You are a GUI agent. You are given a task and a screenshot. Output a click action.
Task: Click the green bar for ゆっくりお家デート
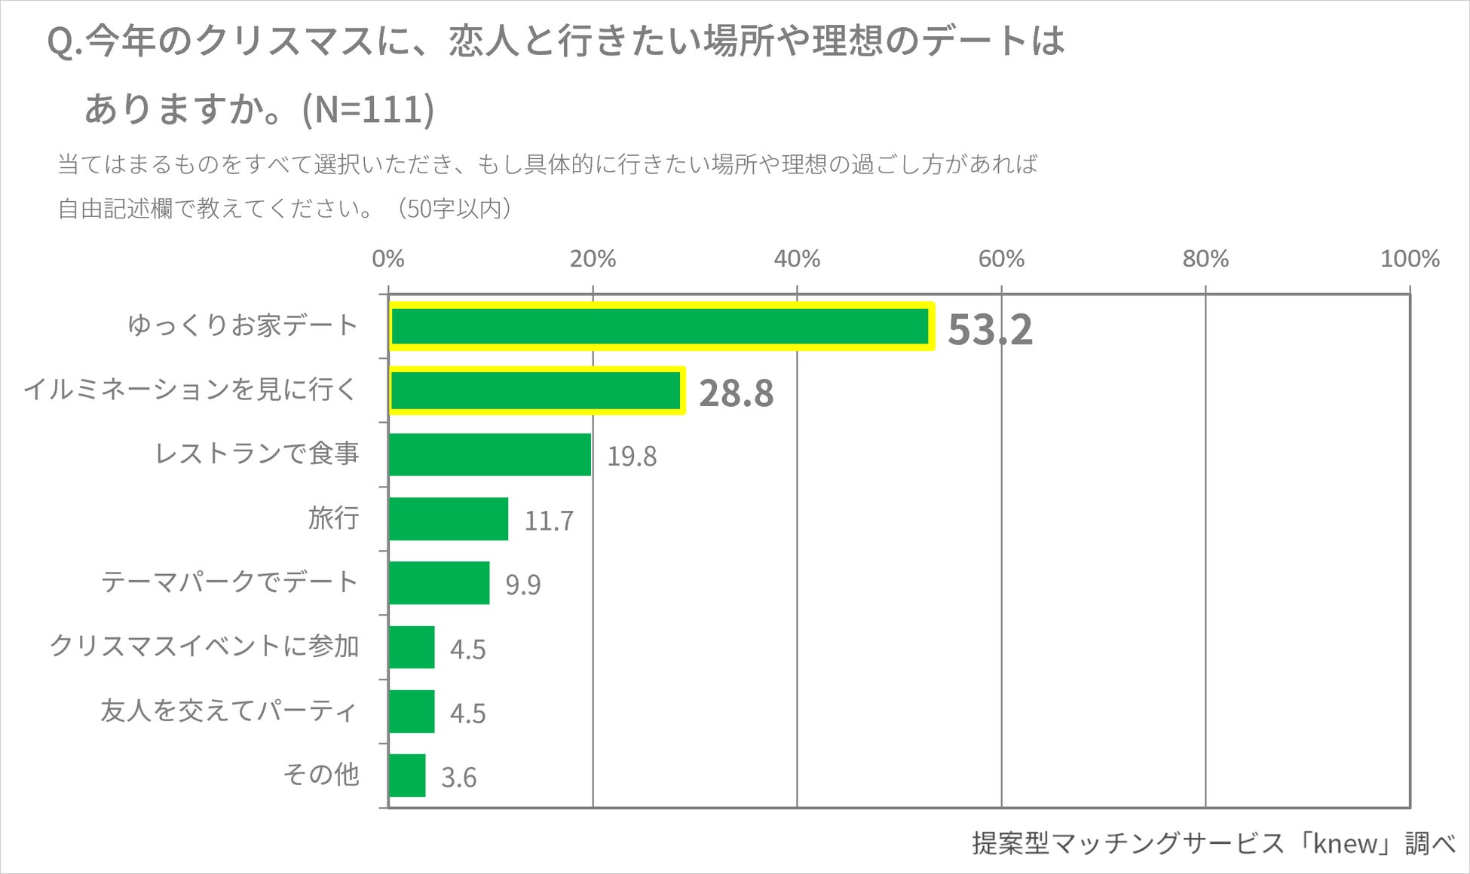pyautogui.click(x=660, y=326)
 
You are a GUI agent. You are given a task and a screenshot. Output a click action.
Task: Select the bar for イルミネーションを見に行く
pyautogui.click(x=536, y=390)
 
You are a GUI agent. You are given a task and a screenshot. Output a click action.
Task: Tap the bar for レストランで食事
pyautogui.click(x=490, y=454)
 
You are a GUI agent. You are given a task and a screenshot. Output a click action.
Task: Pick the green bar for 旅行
pyautogui.click(x=449, y=518)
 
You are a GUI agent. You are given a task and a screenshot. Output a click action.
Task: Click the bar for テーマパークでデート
pyautogui.click(x=439, y=582)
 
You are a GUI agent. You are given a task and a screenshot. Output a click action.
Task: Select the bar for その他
pyautogui.click(x=407, y=775)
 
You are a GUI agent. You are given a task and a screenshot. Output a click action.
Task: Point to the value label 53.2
pyautogui.click(x=989, y=329)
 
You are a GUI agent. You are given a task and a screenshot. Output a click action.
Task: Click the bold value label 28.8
pyautogui.click(x=736, y=393)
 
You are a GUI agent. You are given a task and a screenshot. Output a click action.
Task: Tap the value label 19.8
pyautogui.click(x=631, y=457)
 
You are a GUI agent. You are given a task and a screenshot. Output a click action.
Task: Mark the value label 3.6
pyautogui.click(x=458, y=778)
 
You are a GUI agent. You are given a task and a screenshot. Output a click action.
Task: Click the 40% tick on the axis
pyautogui.click(x=797, y=259)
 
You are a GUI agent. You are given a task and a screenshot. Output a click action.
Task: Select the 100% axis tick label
pyautogui.click(x=1409, y=259)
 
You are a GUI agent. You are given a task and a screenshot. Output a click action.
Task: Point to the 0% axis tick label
pyautogui.click(x=388, y=259)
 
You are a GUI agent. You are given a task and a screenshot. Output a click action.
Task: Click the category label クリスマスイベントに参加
pyautogui.click(x=204, y=646)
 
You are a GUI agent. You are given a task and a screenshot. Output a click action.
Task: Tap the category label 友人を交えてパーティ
pyautogui.click(x=228, y=711)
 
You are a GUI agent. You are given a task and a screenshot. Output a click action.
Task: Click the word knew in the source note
pyautogui.click(x=1345, y=843)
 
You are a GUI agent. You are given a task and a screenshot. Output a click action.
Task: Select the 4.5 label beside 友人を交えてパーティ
pyautogui.click(x=467, y=714)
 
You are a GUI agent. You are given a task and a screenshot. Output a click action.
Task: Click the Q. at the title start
pyautogui.click(x=63, y=42)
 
